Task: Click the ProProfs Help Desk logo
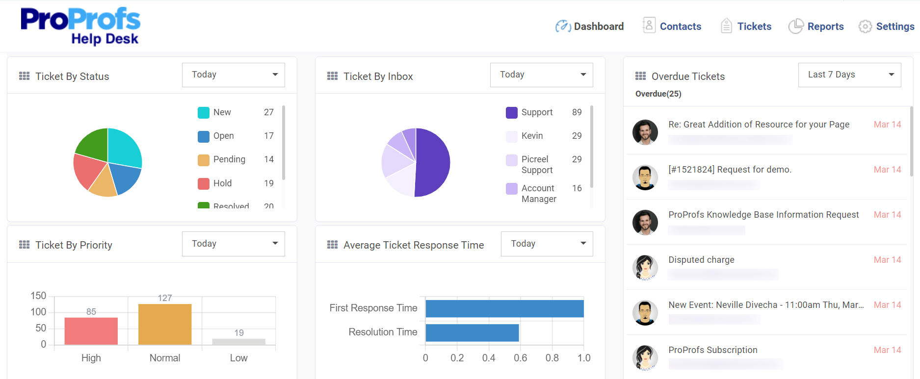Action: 80,26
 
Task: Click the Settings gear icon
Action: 865,26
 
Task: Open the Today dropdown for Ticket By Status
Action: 233,75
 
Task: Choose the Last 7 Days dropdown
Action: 849,75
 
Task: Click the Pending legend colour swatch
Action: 203,160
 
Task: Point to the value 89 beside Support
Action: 577,112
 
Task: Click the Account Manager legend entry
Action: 538,194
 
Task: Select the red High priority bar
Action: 91,331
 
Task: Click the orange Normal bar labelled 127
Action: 165,324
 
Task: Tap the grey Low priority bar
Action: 238,341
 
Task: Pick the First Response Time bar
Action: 504,308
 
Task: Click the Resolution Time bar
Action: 472,332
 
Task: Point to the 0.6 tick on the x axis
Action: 520,358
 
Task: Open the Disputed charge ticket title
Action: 701,260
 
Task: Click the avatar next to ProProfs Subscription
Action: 645,357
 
